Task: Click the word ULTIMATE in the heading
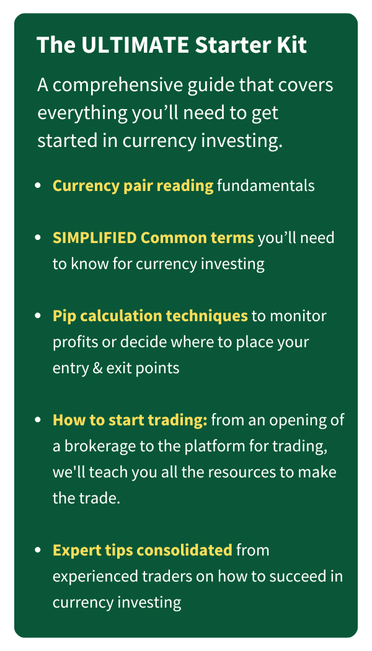pos(136,45)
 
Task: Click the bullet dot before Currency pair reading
pos(38,186)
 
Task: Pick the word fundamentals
pos(266,185)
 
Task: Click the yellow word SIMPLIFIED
pos(95,238)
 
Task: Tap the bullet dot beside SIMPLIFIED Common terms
pos(38,238)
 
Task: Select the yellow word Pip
pos(64,316)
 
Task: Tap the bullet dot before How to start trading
pos(38,420)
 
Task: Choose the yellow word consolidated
pos(184,550)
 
